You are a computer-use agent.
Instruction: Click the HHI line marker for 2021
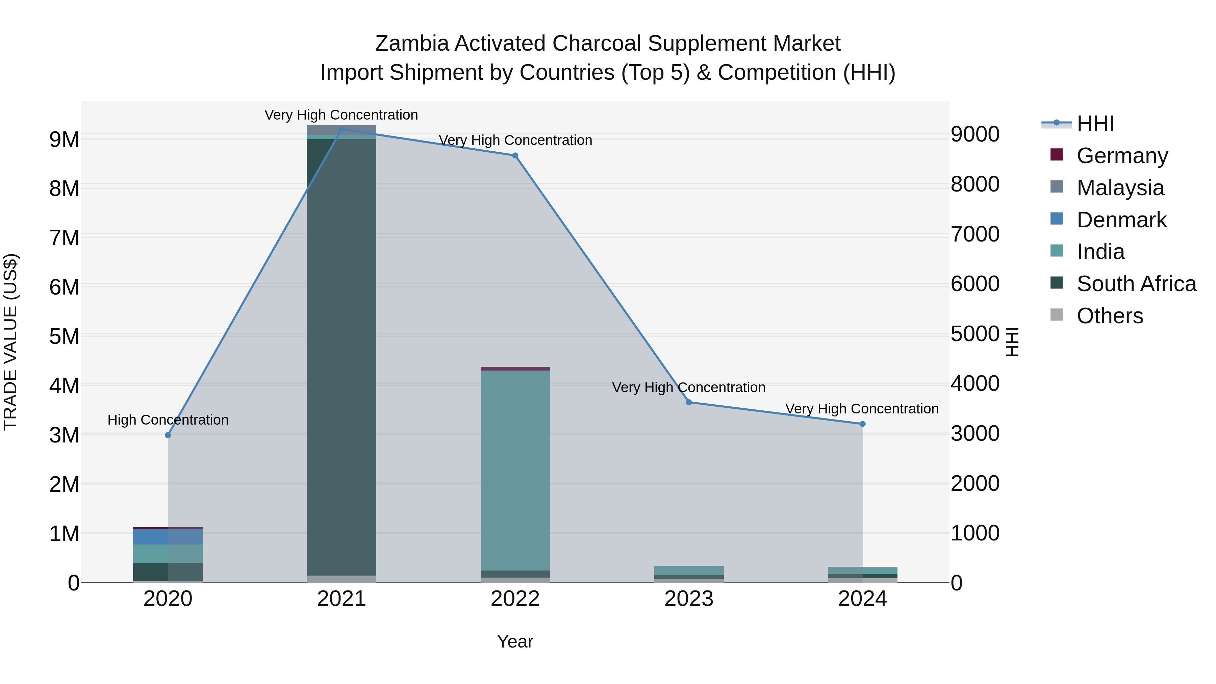point(341,129)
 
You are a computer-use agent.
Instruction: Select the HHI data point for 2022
point(515,156)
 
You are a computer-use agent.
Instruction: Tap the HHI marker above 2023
point(689,402)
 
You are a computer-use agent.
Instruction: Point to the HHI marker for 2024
point(862,424)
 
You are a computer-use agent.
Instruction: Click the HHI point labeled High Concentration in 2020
point(168,435)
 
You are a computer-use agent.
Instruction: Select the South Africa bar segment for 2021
point(341,354)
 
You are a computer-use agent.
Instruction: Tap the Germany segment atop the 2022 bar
point(515,369)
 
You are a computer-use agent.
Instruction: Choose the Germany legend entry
point(1121,155)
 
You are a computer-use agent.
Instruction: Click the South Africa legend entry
point(1136,284)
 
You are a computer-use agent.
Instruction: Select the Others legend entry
point(1109,316)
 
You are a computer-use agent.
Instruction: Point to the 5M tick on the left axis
point(64,336)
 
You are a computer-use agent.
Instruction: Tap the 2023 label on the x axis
point(689,599)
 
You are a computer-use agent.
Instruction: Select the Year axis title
point(515,641)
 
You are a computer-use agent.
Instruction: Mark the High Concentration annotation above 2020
point(168,420)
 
